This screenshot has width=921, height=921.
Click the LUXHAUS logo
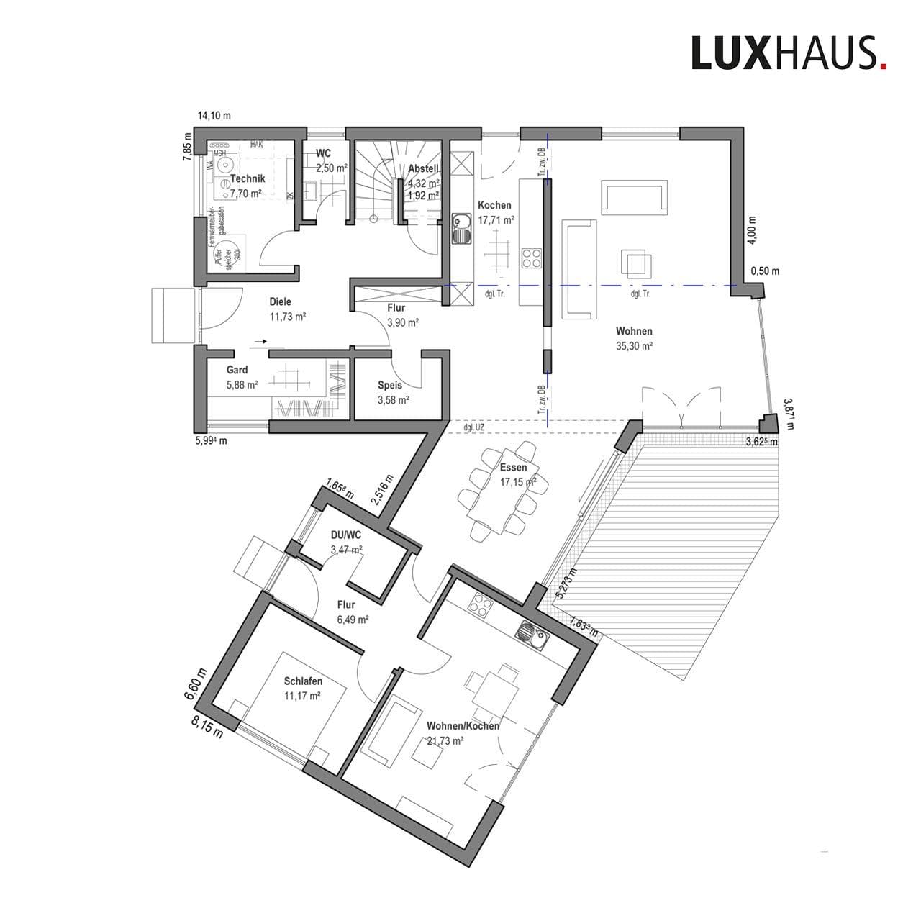(789, 53)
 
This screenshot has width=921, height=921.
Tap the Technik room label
(248, 178)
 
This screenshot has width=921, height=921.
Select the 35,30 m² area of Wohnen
(634, 346)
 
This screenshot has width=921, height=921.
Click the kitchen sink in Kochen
(461, 230)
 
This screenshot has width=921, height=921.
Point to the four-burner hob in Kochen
(531, 258)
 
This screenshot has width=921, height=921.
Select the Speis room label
(390, 385)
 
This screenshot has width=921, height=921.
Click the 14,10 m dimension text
(214, 116)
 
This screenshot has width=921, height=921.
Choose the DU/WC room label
(345, 535)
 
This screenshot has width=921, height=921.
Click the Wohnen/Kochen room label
(463, 726)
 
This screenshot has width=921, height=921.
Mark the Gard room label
(237, 370)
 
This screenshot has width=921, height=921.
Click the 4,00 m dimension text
(751, 230)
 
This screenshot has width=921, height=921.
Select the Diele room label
(281, 302)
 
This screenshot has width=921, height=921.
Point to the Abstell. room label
(424, 168)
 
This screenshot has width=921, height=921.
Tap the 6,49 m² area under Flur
(353, 619)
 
